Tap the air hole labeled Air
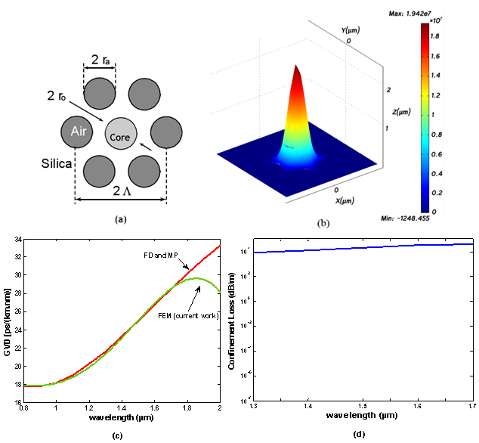(76, 134)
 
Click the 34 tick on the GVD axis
(17, 241)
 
